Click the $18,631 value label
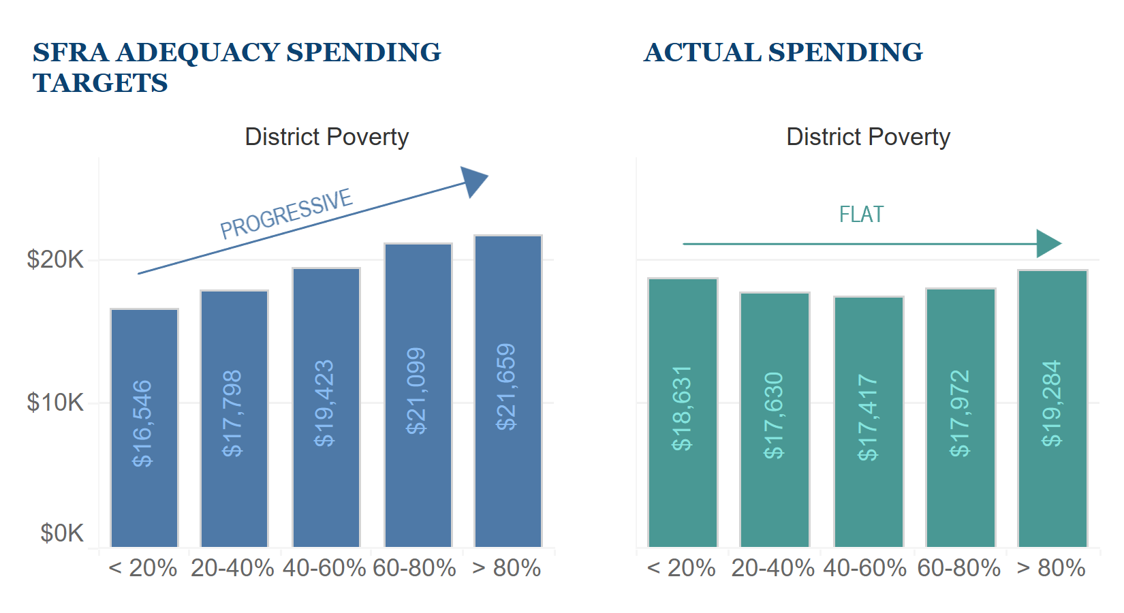tap(682, 408)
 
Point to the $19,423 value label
tap(324, 403)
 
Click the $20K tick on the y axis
tap(54, 260)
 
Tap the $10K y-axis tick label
tap(54, 403)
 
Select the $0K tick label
tap(61, 533)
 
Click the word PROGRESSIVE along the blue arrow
tap(286, 214)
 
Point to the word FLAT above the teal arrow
tap(861, 215)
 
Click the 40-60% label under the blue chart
tap(324, 568)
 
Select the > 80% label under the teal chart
tap(1051, 568)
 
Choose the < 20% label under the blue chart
tap(143, 568)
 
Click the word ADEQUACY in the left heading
tap(198, 52)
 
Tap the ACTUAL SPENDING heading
tap(783, 52)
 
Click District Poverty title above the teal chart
tap(868, 137)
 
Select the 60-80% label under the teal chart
tap(959, 568)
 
